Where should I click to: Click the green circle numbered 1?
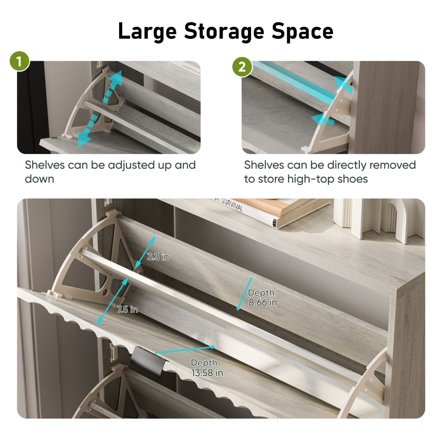(x=19, y=61)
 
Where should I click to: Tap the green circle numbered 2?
(x=242, y=67)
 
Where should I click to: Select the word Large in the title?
(x=147, y=31)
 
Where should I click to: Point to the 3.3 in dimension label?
(x=158, y=257)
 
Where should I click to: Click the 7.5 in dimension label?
(x=128, y=310)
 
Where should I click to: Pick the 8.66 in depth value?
(x=263, y=303)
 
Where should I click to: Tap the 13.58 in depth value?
(x=207, y=373)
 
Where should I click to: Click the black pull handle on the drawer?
(x=147, y=360)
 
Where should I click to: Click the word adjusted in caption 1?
(x=131, y=165)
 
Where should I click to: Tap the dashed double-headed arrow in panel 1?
(x=100, y=108)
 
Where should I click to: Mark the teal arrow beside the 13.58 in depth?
(x=185, y=350)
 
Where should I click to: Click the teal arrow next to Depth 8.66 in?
(x=244, y=294)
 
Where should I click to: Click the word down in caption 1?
(x=39, y=179)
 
